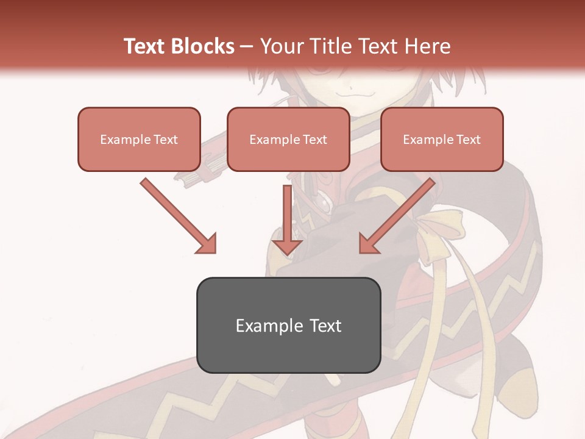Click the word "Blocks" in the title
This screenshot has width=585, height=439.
(x=204, y=46)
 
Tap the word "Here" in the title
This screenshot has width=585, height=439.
(x=428, y=46)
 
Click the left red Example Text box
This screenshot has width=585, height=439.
(x=139, y=139)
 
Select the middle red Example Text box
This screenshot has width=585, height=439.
(x=288, y=139)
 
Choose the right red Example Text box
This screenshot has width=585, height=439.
(x=442, y=139)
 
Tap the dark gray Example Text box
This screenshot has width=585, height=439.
(x=288, y=325)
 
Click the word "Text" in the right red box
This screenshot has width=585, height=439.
(x=468, y=140)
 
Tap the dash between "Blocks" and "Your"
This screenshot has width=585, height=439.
(x=247, y=46)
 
